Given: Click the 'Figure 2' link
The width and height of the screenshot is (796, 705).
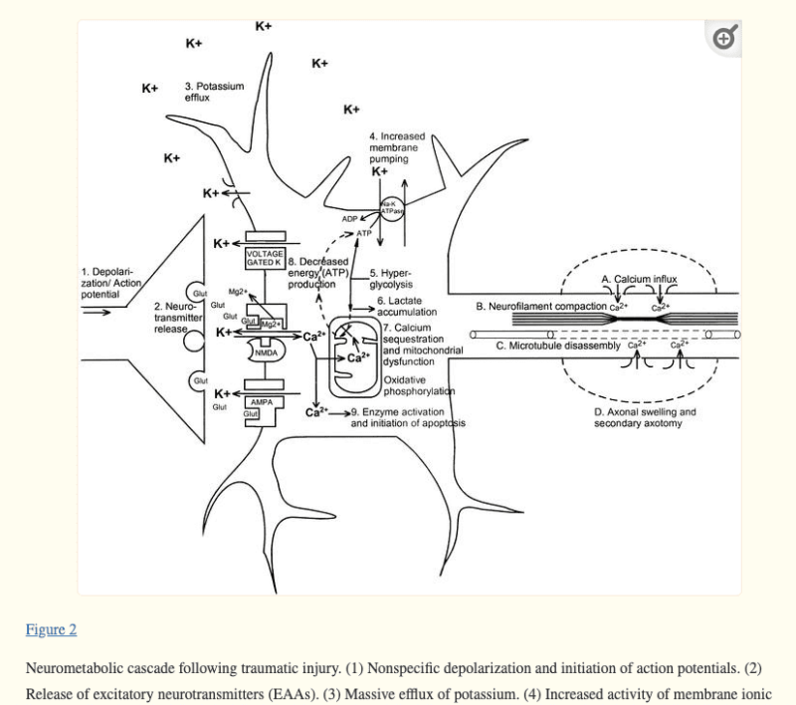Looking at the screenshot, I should tap(51, 629).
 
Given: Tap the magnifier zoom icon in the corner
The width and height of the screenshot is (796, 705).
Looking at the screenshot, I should tap(724, 38).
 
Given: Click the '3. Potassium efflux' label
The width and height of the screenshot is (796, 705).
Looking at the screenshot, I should tap(213, 92).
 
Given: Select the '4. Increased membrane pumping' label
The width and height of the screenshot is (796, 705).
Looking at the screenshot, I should tap(396, 146).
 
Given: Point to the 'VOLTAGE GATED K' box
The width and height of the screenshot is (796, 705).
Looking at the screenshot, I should tap(265, 257).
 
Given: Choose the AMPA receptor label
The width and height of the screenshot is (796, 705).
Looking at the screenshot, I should tap(262, 402).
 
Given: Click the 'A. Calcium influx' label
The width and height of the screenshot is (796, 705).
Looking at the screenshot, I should tap(638, 279).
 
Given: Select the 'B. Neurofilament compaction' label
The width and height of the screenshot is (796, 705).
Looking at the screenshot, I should tap(541, 307).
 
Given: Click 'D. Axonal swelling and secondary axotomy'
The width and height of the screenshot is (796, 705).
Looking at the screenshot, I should tap(645, 417).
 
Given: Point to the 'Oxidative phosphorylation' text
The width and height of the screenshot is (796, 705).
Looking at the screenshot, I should tap(418, 385).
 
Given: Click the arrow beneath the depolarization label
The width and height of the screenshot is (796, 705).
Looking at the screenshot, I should tap(98, 311).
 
